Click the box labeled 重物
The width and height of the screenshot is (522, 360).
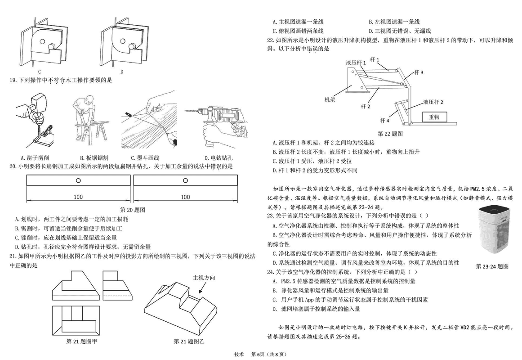434,117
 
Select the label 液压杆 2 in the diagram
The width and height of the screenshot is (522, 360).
433,102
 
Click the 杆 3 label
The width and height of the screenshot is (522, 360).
419,72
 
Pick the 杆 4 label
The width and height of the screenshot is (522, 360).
384,120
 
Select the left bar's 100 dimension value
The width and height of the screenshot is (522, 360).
78,197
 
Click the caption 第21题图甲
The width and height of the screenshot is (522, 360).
82,341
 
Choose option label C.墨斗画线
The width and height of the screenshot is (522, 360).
145,158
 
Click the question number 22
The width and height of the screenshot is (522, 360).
270,40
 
